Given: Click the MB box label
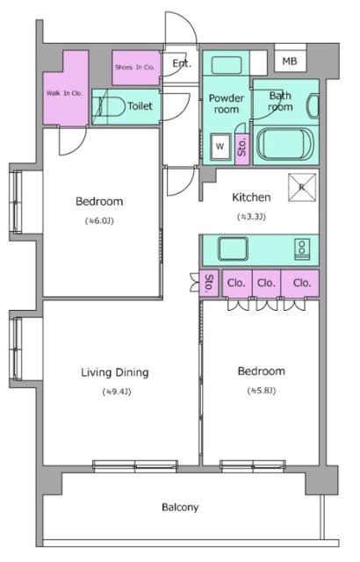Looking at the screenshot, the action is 290,61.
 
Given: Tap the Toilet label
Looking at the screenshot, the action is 140,106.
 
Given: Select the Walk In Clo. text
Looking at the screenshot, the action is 64,93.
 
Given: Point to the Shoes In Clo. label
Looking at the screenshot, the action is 134,67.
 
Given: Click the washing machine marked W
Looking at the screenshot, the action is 220,146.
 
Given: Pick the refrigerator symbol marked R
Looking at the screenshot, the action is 302,187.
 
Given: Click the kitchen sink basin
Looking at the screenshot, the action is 234,249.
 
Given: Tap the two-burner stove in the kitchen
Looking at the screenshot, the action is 302,249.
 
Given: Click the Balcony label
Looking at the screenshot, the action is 180,508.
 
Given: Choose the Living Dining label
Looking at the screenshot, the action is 115,372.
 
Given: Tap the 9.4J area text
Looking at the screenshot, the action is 117,392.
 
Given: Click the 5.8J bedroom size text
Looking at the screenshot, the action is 262,390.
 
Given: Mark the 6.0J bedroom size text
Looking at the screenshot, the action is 99,220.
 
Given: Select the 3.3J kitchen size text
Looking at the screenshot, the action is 251,217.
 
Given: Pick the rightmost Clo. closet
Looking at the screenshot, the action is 301,283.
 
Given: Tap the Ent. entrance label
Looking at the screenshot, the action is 182,64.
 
